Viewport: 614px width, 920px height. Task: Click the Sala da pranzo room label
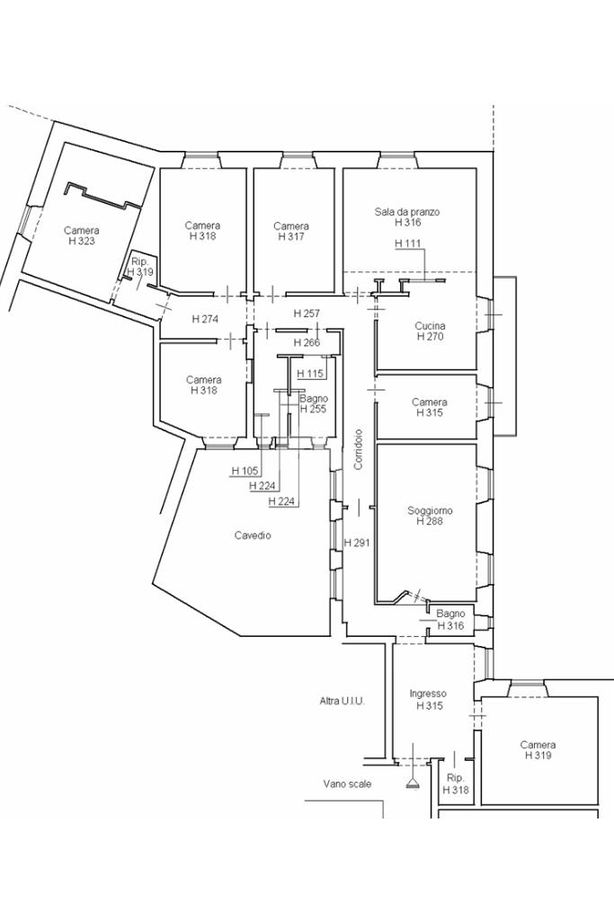pos(407,212)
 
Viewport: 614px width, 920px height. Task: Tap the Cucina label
pos(430,326)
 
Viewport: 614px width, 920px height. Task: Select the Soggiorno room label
pos(430,510)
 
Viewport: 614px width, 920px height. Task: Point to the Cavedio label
pos(253,535)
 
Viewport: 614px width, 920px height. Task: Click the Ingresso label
pos(427,694)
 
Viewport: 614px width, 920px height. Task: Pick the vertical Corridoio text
pos(358,448)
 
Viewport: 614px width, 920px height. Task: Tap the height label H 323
pos(81,242)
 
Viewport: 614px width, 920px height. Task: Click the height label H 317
pos(290,237)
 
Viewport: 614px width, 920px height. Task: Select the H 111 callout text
pos(407,243)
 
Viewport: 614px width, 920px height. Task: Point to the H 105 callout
pos(245,471)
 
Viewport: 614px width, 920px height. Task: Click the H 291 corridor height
pos(358,543)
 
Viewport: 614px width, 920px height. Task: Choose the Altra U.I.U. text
pos(342,701)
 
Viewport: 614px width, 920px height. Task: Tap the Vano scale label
pos(347,783)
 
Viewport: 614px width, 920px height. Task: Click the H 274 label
pos(205,319)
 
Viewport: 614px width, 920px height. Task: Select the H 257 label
pos(307,313)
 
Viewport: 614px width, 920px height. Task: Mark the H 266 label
pos(307,342)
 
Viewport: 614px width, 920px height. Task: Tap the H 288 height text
pos(430,521)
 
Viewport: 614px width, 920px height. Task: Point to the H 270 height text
pos(430,337)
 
